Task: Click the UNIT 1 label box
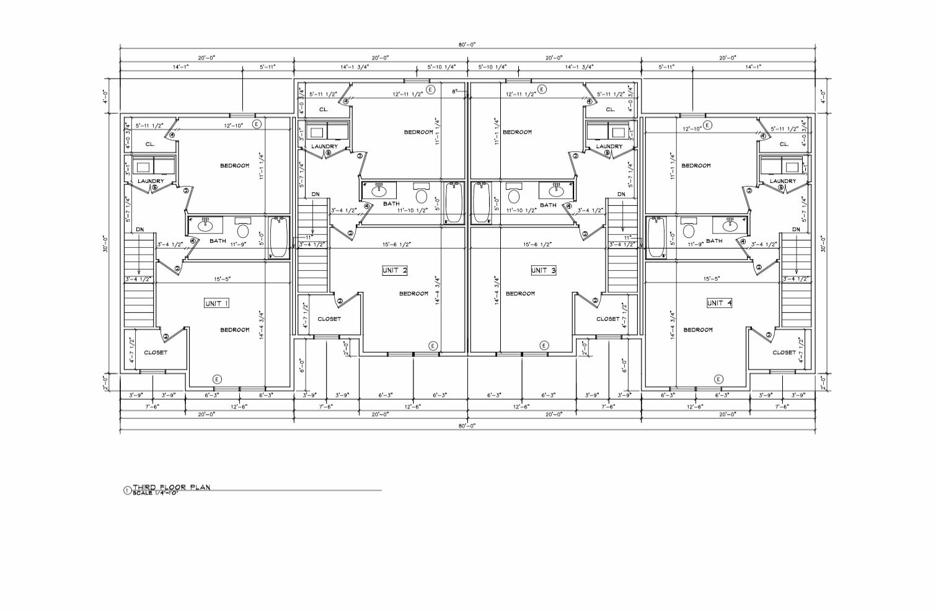point(217,303)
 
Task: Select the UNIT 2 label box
point(395,270)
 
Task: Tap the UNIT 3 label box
point(544,270)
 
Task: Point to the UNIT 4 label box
point(719,303)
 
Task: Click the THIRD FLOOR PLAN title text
point(171,487)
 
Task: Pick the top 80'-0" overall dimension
point(467,45)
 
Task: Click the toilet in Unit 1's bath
point(242,232)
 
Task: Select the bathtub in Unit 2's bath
point(454,202)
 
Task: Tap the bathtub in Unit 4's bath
point(656,237)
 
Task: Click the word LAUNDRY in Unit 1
point(150,181)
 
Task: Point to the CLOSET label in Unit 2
point(329,319)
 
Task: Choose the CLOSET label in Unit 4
point(784,353)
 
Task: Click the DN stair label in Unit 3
point(621,195)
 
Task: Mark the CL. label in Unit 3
point(611,110)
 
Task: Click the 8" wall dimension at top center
point(454,91)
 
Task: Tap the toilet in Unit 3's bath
point(514,197)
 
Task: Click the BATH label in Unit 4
point(714,241)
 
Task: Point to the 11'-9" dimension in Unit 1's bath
point(239,245)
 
